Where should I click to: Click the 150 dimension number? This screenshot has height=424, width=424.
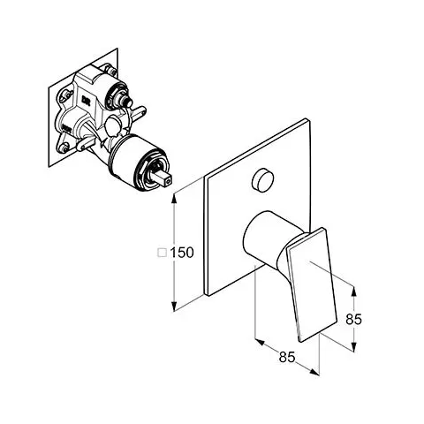pos(182,253)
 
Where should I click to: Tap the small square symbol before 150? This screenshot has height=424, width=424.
pos(163,253)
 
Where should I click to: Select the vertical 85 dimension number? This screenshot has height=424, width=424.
pos(353,319)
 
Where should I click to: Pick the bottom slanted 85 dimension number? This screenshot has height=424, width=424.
pos(287,357)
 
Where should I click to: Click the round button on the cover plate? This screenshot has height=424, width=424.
pos(262,180)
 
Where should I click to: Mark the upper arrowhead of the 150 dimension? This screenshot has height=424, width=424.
pos(174,197)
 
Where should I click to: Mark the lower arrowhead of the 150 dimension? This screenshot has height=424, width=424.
pos(174,307)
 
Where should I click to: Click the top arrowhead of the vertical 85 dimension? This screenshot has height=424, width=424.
pos(354,291)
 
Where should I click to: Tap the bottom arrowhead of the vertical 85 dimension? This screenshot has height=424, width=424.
pos(354,346)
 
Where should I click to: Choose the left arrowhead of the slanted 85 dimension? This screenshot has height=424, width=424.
pos(260,342)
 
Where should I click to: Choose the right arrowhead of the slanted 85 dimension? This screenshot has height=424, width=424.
pos(314,372)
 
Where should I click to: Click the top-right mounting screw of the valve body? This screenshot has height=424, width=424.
pos(112,71)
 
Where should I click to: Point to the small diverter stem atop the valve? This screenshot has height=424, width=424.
pos(126,102)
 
